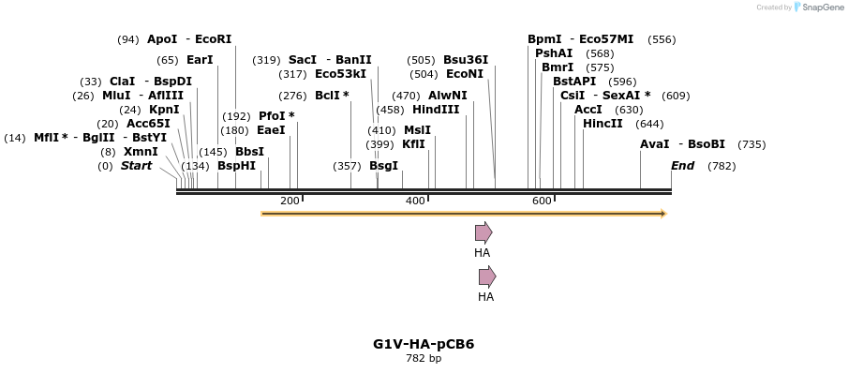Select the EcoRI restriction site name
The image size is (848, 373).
coord(213,39)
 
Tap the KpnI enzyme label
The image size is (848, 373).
coord(163,109)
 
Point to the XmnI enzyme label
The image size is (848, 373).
coord(141,151)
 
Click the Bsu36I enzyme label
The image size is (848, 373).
coord(466,60)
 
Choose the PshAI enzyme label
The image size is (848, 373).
coord(554,53)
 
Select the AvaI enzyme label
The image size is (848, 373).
coord(655,144)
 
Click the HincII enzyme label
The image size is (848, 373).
coord(603,123)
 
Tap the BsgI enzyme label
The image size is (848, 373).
coord(383,165)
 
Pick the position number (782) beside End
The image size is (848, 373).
coord(722,166)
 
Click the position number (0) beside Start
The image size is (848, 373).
coord(105,166)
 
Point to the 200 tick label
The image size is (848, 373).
coord(289,201)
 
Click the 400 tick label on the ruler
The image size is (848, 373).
coord(415,201)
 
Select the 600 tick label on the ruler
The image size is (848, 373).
coord(542,201)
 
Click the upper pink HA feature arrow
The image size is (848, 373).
coord(484,232)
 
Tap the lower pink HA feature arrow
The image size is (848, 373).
coord(487,276)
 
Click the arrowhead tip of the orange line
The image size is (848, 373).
coord(663,214)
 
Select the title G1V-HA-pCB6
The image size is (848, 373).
coord(424,343)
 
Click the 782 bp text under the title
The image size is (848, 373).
coord(424,358)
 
